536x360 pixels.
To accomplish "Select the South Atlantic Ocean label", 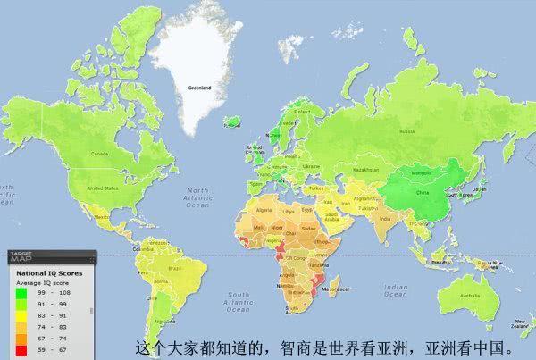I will [240, 298].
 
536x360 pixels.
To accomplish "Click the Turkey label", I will [314, 188].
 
